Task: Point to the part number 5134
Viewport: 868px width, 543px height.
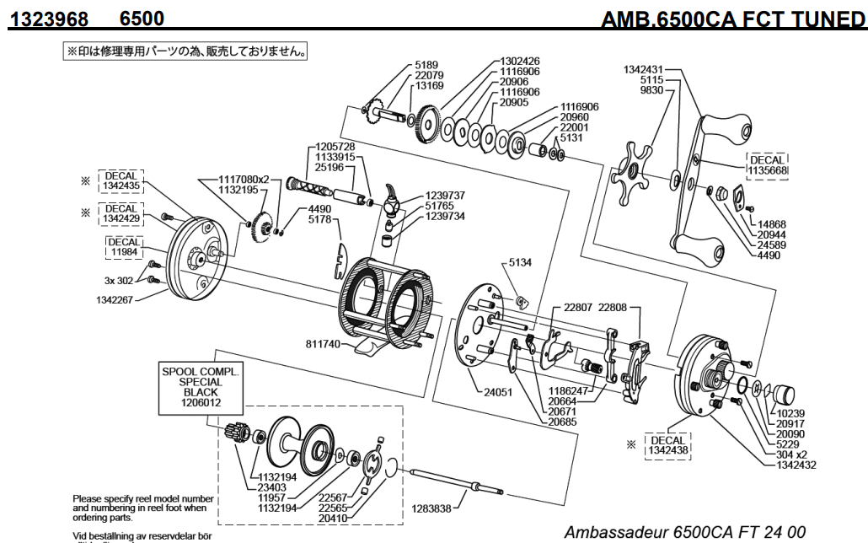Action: [x=521, y=263]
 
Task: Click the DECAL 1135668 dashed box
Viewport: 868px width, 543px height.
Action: [x=768, y=165]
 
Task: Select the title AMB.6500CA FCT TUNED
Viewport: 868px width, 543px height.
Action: [x=732, y=17]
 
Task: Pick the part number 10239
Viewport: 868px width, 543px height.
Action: [x=792, y=414]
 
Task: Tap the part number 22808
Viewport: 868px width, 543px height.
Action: [x=613, y=308]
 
